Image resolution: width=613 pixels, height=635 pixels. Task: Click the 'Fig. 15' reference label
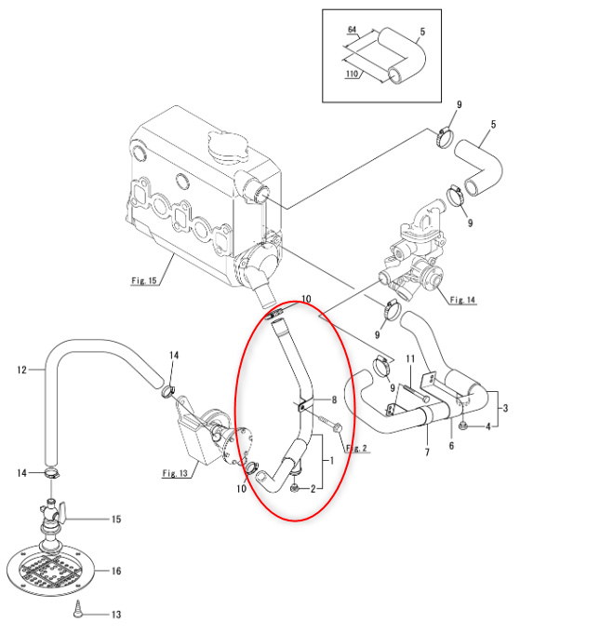pyautogui.click(x=143, y=280)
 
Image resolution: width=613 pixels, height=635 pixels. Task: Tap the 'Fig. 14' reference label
pyautogui.click(x=462, y=300)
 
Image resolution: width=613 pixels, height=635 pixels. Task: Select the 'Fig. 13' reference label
pyautogui.click(x=175, y=473)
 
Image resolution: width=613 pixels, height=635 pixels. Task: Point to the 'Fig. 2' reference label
pyautogui.click(x=356, y=448)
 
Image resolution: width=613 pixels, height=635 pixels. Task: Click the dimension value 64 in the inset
pyautogui.click(x=352, y=30)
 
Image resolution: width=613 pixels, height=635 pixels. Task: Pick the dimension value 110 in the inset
pyautogui.click(x=352, y=74)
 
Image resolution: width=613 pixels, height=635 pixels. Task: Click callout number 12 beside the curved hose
pyautogui.click(x=21, y=370)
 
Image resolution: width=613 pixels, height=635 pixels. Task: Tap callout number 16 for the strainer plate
pyautogui.click(x=116, y=571)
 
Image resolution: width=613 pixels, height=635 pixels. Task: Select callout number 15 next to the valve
pyautogui.click(x=116, y=520)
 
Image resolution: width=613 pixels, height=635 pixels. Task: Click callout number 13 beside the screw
pyautogui.click(x=116, y=615)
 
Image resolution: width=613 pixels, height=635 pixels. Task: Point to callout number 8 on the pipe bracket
pyautogui.click(x=334, y=400)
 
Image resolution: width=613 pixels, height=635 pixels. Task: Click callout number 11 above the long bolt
pyautogui.click(x=410, y=358)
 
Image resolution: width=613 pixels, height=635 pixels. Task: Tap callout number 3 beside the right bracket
pyautogui.click(x=505, y=408)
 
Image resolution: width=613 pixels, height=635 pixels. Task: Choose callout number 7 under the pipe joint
pyautogui.click(x=427, y=452)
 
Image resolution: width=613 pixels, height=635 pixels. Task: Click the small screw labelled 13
pyautogui.click(x=78, y=610)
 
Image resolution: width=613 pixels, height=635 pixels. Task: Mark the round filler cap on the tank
pyautogui.click(x=227, y=146)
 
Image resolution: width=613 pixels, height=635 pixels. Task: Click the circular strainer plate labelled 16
pyautogui.click(x=50, y=571)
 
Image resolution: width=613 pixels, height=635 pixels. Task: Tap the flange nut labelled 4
pyautogui.click(x=463, y=426)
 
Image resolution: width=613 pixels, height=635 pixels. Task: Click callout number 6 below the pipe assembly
pyautogui.click(x=451, y=445)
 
